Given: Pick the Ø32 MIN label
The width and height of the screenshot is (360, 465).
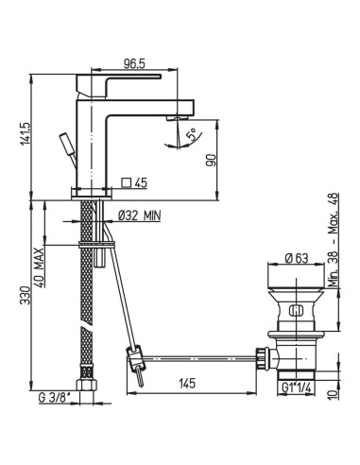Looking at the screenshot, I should tap(138, 216).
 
